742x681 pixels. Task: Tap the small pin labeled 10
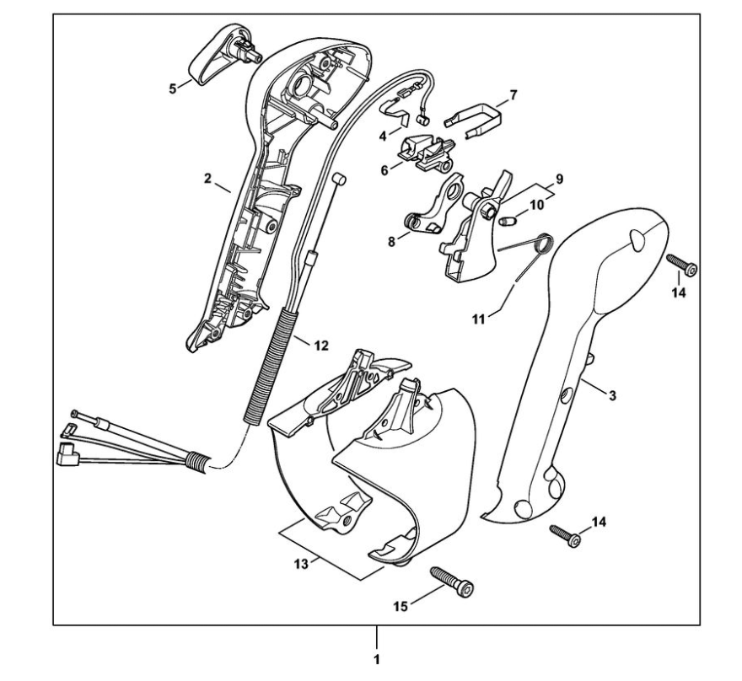pos(508,223)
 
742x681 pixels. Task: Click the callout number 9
pos(557,180)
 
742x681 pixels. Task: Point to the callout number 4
pos(383,134)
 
